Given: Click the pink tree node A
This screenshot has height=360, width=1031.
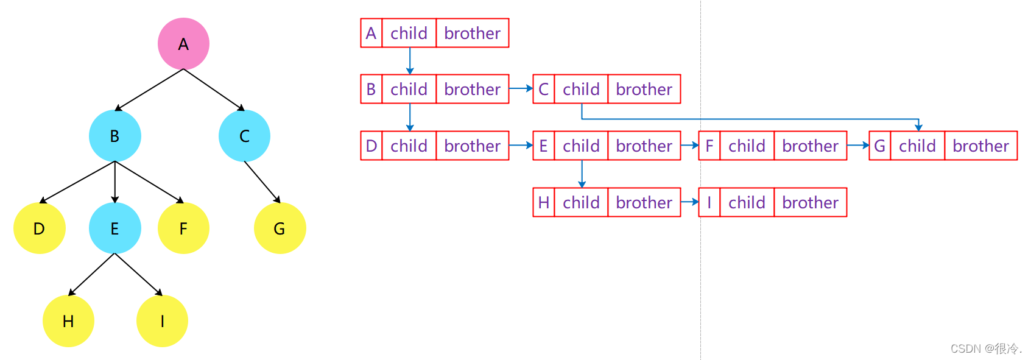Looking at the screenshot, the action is point(183,44).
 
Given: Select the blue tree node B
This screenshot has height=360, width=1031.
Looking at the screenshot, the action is point(114,136).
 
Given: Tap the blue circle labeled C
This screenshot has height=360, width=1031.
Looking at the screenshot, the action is point(244,136).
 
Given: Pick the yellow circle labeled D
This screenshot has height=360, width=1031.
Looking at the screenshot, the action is point(39,228).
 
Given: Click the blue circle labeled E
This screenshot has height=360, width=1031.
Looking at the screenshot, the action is point(114,228).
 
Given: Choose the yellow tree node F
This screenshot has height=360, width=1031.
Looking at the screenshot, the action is point(183,228).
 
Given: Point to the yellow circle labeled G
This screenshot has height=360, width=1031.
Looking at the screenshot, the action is point(280,228).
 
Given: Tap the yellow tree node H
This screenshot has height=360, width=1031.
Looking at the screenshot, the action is point(68,321).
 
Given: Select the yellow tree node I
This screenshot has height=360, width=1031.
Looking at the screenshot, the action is point(162,321).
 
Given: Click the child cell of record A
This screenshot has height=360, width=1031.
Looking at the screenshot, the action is point(409,33).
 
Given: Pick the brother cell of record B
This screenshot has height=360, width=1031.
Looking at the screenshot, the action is point(472,89).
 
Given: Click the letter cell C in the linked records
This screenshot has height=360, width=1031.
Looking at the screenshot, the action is point(543,89).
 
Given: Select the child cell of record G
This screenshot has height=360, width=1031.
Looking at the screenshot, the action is point(917,146).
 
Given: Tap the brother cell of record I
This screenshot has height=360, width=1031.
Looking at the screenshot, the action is point(810,202).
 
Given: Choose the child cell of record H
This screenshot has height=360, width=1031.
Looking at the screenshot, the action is point(581,202).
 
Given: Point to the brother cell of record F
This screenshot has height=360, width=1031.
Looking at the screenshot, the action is point(810,146).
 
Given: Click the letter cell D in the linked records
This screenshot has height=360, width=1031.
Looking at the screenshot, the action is point(371,146).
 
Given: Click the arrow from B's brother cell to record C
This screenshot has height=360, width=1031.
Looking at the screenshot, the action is point(521,89).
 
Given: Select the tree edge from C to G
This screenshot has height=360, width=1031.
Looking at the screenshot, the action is point(262,182).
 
